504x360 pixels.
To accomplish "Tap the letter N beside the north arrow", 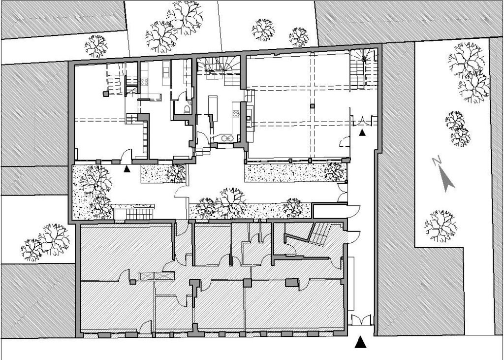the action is click(x=437, y=161).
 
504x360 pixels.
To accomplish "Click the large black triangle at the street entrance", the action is click(x=360, y=342).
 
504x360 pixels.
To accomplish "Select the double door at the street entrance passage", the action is click(x=361, y=320).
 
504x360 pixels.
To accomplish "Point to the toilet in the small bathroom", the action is click(x=187, y=110).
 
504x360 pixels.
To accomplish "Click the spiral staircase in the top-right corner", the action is click(x=363, y=69).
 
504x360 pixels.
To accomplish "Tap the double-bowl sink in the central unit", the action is click(x=227, y=138).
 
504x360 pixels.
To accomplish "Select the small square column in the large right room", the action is click(x=312, y=106).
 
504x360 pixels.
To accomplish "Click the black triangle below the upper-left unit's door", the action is click(x=127, y=169).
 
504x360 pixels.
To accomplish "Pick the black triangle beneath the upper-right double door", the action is click(x=362, y=132).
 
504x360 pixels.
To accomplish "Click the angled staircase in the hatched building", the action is click(x=320, y=234).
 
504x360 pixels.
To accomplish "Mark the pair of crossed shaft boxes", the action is click(x=157, y=276).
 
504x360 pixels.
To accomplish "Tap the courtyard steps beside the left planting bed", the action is click(x=134, y=214).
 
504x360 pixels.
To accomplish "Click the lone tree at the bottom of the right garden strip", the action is click(x=441, y=226).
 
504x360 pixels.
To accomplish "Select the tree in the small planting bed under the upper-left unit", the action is click(x=176, y=173).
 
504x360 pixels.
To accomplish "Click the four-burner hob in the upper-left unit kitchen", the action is click(x=144, y=82).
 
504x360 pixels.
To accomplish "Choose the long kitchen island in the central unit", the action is click(x=213, y=108).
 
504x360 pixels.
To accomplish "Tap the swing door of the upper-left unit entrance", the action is click(x=126, y=155).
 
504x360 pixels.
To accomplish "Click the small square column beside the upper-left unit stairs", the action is click(x=105, y=94).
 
